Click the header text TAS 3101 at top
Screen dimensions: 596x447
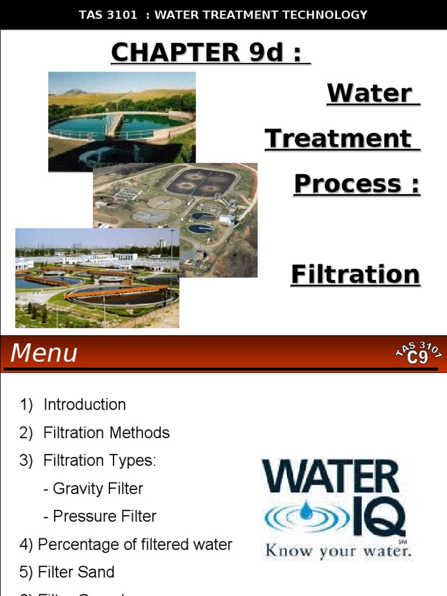point(108,15)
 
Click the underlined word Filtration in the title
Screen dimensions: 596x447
point(355,274)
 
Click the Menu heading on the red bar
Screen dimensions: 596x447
point(44,353)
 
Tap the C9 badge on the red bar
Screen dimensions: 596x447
point(418,356)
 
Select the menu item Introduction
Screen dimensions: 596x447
point(84,405)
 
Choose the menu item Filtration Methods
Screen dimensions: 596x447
point(107,432)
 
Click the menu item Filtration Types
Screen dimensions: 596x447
point(100,460)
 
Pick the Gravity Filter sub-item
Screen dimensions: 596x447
point(97,488)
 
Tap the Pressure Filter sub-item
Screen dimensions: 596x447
point(104,516)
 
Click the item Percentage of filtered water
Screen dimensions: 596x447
point(134,544)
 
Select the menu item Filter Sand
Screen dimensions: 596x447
point(76,572)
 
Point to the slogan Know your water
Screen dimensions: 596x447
point(338,550)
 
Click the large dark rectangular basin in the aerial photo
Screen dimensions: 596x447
point(201,182)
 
